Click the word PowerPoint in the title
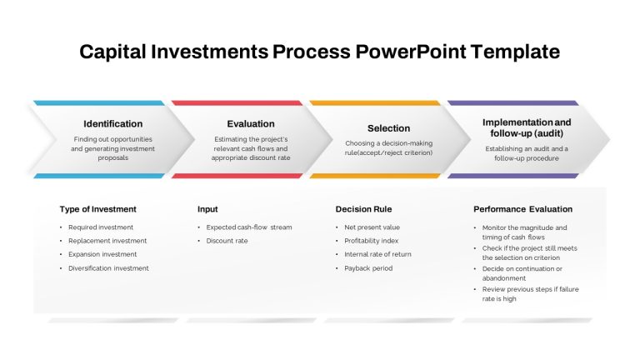point(411,52)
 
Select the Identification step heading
point(113,123)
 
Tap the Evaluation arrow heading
point(251,123)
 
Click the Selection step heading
point(388,128)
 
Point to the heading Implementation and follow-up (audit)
point(527,127)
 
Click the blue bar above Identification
point(99,102)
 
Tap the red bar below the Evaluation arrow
point(237,176)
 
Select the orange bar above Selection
point(375,102)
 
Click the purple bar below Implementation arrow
point(513,176)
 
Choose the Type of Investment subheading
point(98,209)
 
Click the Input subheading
point(207,209)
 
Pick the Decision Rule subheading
point(363,209)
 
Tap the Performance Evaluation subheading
point(522,209)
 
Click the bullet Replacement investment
point(107,241)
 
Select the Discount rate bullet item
point(227,241)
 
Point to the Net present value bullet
point(372,227)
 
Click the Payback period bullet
point(368,268)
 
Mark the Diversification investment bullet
point(108,268)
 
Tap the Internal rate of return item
point(377,254)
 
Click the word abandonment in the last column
point(504,278)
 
